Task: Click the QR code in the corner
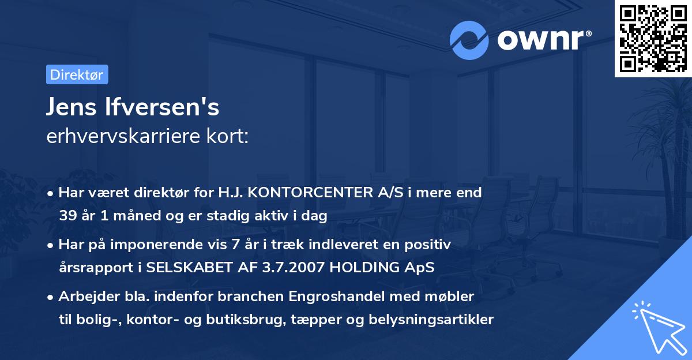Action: click(653, 39)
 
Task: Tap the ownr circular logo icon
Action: click(469, 40)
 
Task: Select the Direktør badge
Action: click(77, 74)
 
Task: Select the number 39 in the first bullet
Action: click(67, 216)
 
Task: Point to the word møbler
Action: click(453, 297)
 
